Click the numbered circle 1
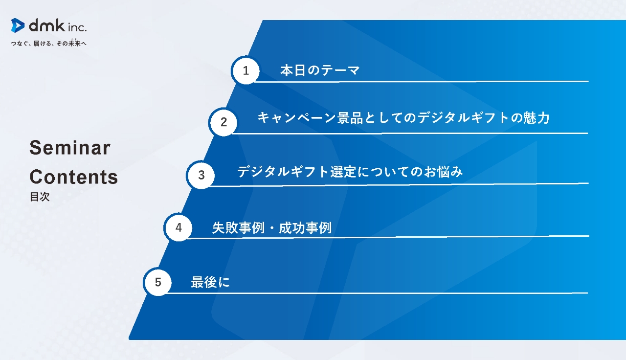click(246, 70)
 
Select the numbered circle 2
click(224, 122)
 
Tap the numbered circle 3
click(201, 175)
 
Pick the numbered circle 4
click(179, 227)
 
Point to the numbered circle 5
click(158, 282)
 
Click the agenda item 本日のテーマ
click(320, 70)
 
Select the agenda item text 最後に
click(210, 283)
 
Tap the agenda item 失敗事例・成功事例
click(271, 228)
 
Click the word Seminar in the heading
click(70, 148)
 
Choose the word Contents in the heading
click(74, 177)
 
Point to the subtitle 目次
click(40, 197)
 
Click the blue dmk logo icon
click(18, 25)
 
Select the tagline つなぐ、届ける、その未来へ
click(49, 44)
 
